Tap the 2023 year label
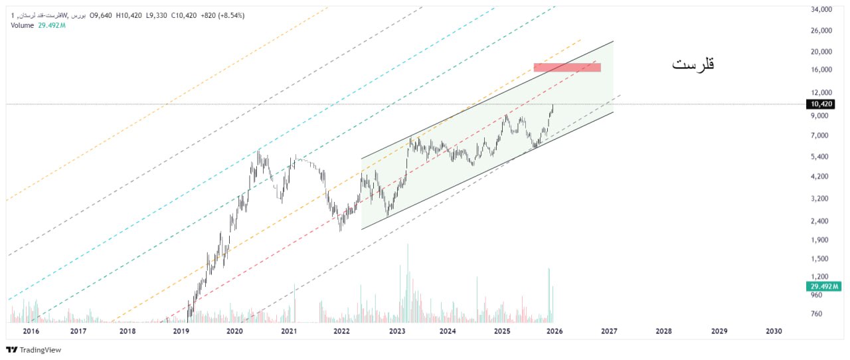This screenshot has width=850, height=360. click(x=397, y=331)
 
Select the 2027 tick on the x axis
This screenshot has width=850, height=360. click(x=609, y=331)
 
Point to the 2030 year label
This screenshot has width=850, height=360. click(x=773, y=331)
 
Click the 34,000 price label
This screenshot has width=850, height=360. click(x=821, y=10)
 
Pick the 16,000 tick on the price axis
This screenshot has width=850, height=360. click(x=821, y=70)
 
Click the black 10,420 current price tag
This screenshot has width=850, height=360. click(x=821, y=104)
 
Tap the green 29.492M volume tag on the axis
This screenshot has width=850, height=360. click(x=823, y=286)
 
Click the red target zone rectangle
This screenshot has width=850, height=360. click(x=567, y=67)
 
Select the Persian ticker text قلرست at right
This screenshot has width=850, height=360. click(x=693, y=65)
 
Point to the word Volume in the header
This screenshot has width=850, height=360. click(x=23, y=25)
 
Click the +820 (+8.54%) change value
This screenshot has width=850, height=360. click(x=222, y=15)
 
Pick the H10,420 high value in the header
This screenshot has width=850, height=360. click(x=129, y=15)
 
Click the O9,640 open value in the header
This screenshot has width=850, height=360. click(x=101, y=15)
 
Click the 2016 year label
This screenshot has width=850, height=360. click(x=31, y=331)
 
